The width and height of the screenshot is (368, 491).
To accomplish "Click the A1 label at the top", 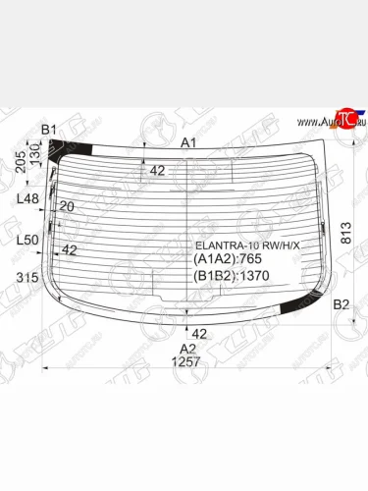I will tap(188, 142).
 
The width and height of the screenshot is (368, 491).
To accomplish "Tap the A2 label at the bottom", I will tap(186, 348).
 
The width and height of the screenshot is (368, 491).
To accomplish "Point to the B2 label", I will tap(342, 305).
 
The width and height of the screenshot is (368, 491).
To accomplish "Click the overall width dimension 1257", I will tap(186, 362).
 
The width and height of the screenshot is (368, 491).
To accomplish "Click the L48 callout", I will tap(27, 199).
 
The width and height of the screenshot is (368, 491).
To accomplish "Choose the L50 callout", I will tap(27, 240).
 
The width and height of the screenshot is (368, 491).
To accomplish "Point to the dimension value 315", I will tap(27, 278).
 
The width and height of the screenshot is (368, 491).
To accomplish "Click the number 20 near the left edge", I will tap(67, 206).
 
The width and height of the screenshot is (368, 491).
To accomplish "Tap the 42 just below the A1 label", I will tap(157, 171).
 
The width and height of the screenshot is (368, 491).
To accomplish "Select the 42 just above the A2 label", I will tap(199, 333).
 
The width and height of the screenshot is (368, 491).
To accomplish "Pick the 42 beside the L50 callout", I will tap(69, 249).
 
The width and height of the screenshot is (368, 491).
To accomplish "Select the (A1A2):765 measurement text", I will tap(229, 258).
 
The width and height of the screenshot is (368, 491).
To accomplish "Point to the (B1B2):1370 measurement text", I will tap(233, 277).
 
